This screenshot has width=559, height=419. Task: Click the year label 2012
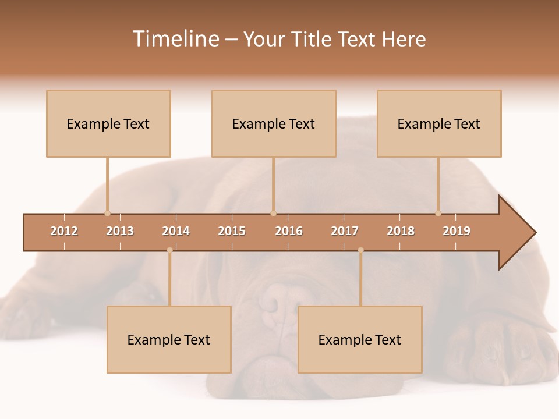[64, 231]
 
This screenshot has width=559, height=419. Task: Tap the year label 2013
[120, 231]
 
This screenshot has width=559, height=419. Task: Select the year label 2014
[176, 231]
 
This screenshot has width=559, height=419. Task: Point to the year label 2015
[232, 231]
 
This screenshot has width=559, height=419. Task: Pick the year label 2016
[289, 231]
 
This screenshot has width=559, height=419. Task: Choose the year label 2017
[345, 231]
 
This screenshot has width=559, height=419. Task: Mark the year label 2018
[401, 231]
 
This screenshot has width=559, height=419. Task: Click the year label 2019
[457, 231]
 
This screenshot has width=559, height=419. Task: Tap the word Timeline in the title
[175, 39]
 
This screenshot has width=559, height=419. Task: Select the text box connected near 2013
[108, 123]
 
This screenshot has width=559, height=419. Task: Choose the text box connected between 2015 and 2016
[274, 123]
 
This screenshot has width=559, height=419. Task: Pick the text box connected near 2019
[439, 123]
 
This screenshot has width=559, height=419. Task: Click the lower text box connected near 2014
[169, 339]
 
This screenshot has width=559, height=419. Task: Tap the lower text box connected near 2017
[360, 339]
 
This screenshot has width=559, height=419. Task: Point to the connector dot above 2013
[107, 213]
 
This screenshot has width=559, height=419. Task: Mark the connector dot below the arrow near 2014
[169, 250]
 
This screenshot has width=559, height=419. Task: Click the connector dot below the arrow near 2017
[360, 250]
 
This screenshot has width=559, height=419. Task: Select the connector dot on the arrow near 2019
[438, 213]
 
